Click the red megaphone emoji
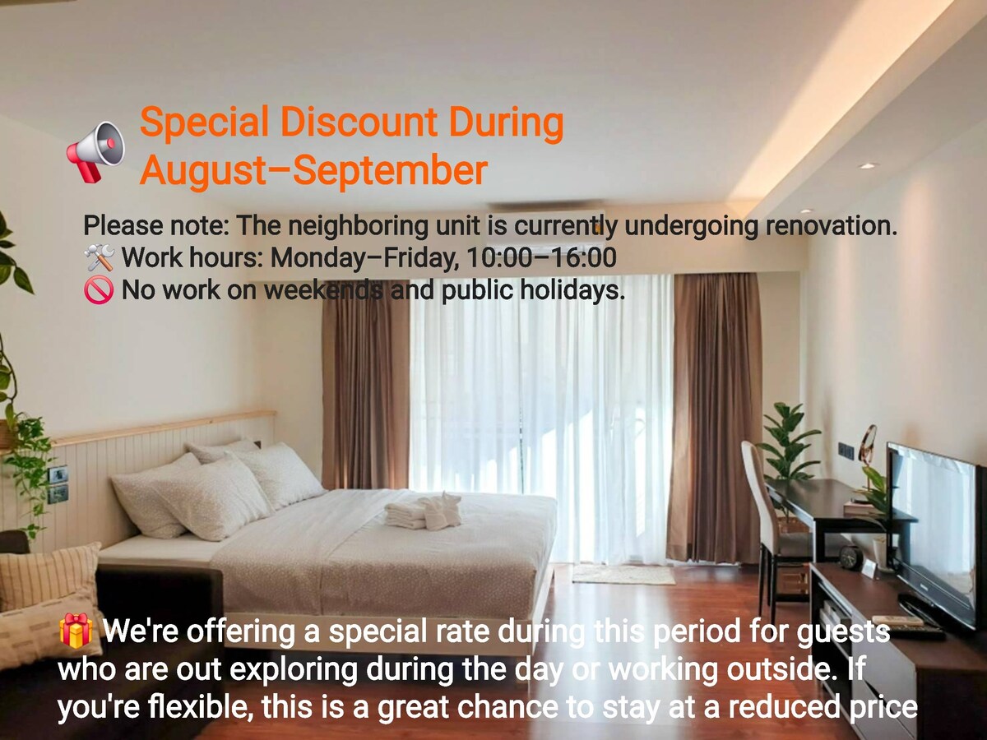click(x=95, y=152)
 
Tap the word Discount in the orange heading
click(x=359, y=122)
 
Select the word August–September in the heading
click(x=314, y=170)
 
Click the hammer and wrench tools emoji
click(x=99, y=257)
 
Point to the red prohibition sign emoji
click(x=99, y=290)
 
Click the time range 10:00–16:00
click(x=541, y=257)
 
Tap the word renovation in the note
click(x=831, y=225)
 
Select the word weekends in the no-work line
click(x=323, y=289)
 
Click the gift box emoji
click(x=76, y=631)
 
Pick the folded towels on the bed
click(x=423, y=511)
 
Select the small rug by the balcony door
click(x=623, y=575)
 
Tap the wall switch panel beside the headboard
click(x=58, y=484)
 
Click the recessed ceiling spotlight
click(x=867, y=166)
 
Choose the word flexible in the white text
click(x=199, y=707)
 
